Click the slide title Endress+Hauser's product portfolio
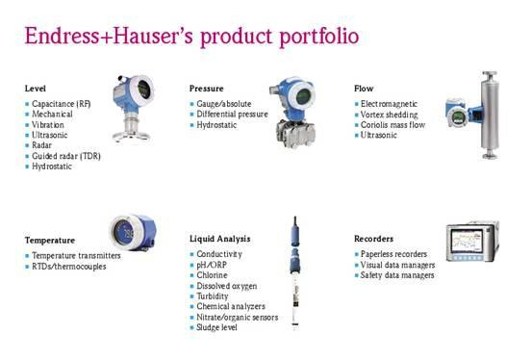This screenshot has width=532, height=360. point(193,36)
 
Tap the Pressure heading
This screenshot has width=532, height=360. point(207,89)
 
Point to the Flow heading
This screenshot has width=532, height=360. point(364,89)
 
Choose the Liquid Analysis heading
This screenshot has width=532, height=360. point(220,237)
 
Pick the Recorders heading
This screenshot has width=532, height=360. point(374,238)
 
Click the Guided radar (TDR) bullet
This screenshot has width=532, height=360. point(65,155)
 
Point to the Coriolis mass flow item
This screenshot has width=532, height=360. point(392,123)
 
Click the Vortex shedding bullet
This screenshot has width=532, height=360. point(388,113)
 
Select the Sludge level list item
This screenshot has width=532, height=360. point(217,328)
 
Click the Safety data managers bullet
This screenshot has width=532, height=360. point(397,275)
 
